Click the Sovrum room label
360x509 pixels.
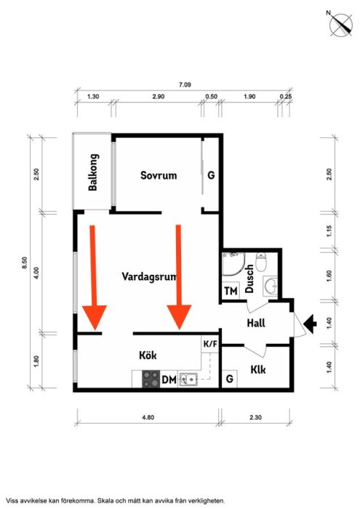click(159, 175)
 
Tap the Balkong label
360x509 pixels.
click(93, 172)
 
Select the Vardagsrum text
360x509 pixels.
click(149, 277)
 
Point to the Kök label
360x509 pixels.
click(148, 355)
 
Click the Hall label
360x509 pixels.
click(256, 323)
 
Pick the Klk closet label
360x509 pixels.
click(258, 369)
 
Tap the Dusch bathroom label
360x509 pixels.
click(249, 278)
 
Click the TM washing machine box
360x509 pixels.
click(231, 291)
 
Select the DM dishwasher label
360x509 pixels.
click(169, 379)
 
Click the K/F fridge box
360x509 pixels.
click(210, 344)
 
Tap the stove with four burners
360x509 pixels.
click(151, 379)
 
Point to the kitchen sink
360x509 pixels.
click(188, 379)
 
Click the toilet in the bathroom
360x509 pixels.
click(261, 262)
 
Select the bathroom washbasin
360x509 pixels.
click(271, 286)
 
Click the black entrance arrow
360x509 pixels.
click(310, 324)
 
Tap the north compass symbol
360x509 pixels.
click(341, 25)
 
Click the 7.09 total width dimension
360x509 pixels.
click(185, 85)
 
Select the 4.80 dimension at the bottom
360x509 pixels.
click(148, 417)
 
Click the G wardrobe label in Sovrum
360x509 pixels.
click(211, 175)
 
